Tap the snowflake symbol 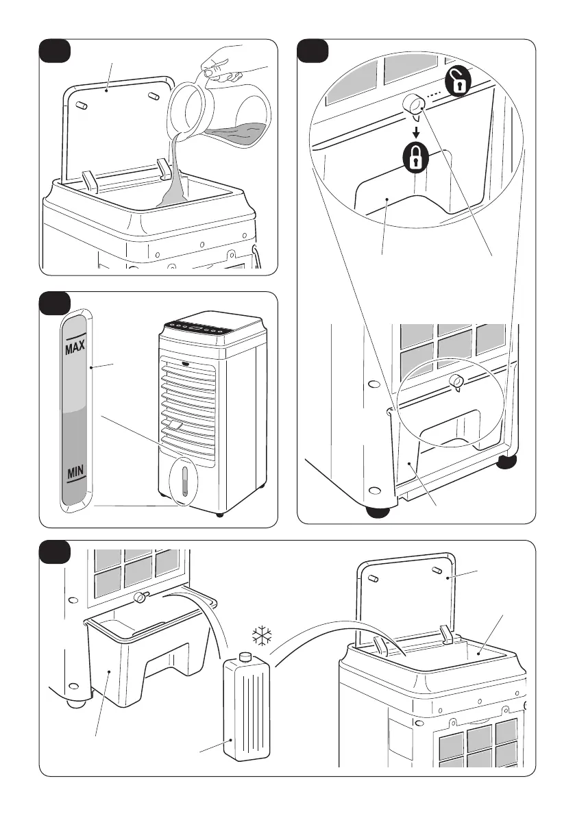pyautogui.click(x=262, y=636)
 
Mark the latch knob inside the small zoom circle pyautogui.click(x=454, y=382)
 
